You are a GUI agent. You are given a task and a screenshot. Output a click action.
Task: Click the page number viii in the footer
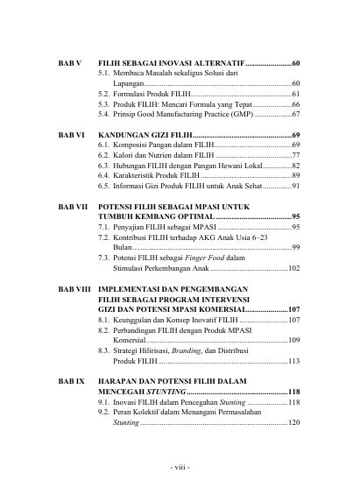180,465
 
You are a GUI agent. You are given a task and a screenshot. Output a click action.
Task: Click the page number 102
293,269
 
